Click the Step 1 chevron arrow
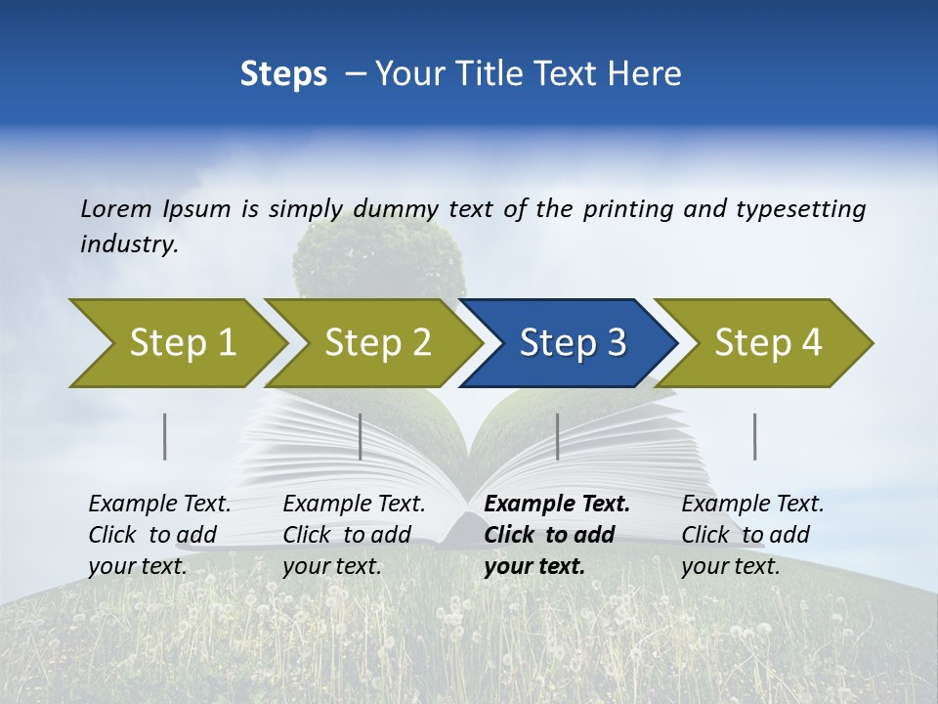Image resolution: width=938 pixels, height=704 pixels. (181, 343)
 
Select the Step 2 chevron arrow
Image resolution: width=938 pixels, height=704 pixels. (376, 343)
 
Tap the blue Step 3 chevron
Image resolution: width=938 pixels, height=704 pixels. (572, 343)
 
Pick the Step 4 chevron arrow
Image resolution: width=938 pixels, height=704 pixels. (767, 343)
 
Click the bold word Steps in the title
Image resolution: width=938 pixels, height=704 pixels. (283, 73)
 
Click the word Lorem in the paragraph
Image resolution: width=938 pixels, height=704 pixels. (117, 208)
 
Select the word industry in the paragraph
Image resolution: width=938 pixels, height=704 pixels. (129, 243)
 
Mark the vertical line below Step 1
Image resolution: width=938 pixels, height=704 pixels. (165, 436)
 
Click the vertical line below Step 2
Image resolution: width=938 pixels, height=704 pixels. (361, 436)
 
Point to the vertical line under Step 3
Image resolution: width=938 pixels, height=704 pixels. (557, 436)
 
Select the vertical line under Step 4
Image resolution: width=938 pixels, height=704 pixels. (755, 436)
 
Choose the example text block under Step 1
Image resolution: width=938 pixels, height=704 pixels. (159, 535)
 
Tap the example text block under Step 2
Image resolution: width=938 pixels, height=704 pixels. (354, 535)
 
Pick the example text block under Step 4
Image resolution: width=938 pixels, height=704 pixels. (752, 535)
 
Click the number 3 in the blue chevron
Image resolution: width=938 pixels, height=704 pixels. (616, 343)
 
